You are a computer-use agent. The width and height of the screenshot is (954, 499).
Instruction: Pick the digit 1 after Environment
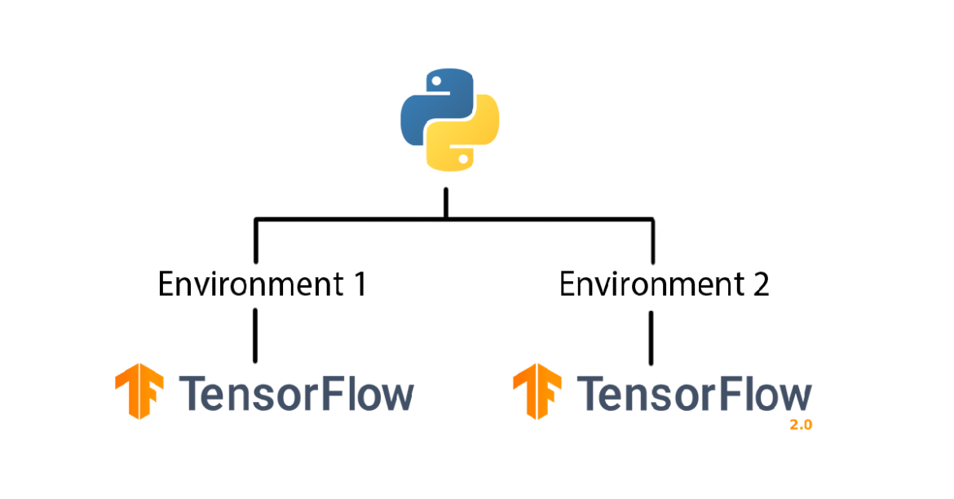[356, 285]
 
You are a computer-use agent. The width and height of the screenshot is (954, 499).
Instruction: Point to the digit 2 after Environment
[759, 285]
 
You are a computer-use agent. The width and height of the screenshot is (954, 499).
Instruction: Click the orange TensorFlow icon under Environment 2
[537, 392]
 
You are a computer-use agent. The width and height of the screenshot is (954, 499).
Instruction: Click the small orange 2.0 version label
[801, 425]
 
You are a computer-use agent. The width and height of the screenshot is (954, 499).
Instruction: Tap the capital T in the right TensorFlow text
[592, 394]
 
